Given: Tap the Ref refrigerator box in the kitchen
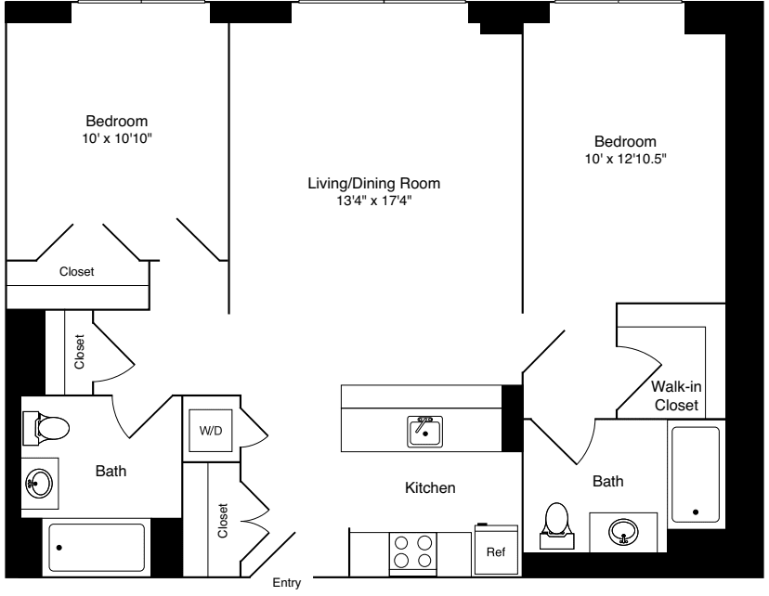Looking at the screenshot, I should coord(496,551).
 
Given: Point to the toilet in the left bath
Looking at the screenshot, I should coord(48,428).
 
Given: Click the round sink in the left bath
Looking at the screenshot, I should coord(40,483).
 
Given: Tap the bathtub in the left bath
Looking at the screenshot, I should coord(96,548).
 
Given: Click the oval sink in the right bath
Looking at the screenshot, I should coord(623,530).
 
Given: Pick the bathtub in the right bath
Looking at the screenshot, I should coord(696,474).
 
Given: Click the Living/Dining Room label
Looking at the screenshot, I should coord(373,183).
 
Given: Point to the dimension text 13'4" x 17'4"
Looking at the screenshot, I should coord(373,200).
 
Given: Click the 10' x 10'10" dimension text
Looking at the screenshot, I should coord(116,138).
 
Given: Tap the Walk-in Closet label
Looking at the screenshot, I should coord(676,396).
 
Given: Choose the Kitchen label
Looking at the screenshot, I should coord(429,487).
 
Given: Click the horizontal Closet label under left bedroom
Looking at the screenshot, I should coord(77,272).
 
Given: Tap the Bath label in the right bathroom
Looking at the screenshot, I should coord(608,481).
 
